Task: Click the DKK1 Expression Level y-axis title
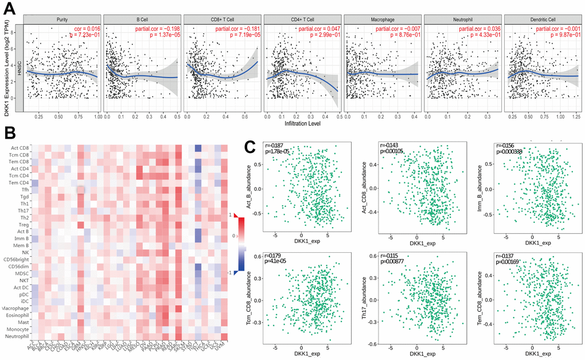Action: click(7, 68)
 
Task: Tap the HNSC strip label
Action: click(19, 68)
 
